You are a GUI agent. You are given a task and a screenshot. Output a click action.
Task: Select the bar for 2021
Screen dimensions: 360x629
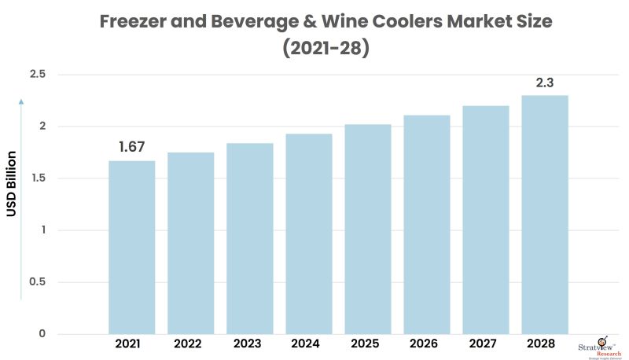131,247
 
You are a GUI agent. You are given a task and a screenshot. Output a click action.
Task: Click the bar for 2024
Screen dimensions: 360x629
308,233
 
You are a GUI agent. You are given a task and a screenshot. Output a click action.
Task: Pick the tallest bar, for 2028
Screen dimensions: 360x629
544,214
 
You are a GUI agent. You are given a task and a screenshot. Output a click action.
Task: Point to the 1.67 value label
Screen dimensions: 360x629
131,147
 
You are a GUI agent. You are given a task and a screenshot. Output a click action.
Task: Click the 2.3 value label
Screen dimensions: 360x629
544,82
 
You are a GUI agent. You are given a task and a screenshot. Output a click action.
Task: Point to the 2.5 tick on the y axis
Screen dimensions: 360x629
39,75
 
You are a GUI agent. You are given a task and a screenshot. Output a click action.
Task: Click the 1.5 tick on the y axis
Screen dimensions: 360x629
39,178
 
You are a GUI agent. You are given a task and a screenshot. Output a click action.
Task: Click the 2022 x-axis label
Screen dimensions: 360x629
190,344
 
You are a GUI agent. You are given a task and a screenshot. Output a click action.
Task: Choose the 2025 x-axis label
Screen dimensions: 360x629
367,344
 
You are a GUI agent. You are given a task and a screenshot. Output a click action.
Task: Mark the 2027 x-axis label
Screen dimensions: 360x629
485,344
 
